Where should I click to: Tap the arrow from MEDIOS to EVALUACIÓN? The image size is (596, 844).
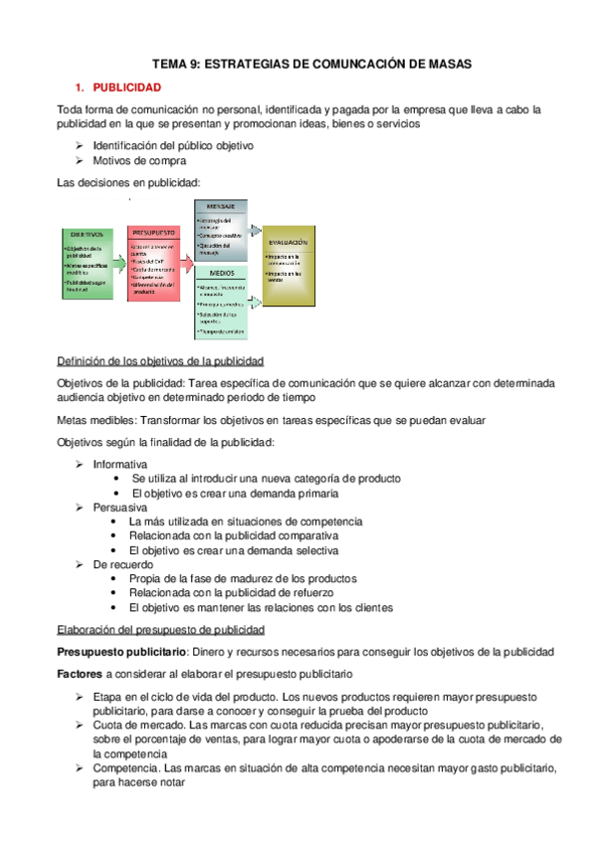point(254,295)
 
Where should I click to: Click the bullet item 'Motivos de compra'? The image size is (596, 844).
point(138,160)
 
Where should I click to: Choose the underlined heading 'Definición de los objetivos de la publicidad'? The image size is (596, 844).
point(160,360)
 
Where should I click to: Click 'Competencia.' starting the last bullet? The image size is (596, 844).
point(125,769)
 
